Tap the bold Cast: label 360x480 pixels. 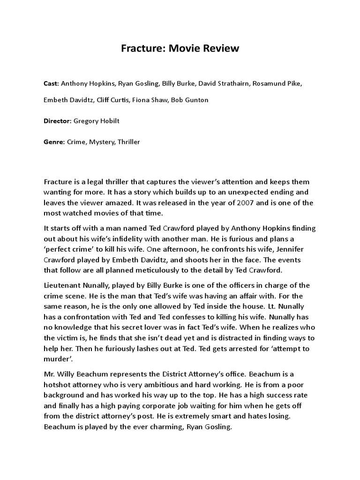pyautogui.click(x=51, y=84)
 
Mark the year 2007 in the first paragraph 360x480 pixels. pyautogui.click(x=249, y=202)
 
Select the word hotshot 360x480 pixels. pyautogui.click(x=59, y=385)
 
